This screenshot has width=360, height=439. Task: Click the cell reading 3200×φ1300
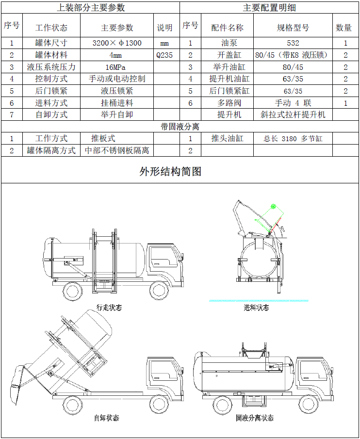click(x=117, y=43)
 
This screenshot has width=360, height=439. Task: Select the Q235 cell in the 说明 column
click(x=164, y=55)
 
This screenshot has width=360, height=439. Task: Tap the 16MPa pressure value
click(x=117, y=67)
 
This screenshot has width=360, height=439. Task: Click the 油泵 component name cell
click(x=227, y=43)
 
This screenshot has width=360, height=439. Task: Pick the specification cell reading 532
click(x=293, y=43)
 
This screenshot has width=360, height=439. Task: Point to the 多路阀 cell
click(x=227, y=103)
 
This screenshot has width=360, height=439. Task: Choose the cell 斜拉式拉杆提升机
click(x=293, y=114)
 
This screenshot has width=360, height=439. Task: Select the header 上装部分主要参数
click(x=91, y=8)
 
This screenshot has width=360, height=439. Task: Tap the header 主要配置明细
click(x=269, y=8)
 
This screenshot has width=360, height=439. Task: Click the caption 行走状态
click(x=109, y=308)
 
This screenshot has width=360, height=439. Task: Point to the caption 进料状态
click(x=256, y=308)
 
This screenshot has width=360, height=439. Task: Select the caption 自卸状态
click(x=106, y=418)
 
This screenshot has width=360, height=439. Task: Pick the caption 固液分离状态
click(x=254, y=418)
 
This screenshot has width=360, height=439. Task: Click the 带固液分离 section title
click(x=180, y=127)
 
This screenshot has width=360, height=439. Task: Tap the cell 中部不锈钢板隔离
click(x=117, y=150)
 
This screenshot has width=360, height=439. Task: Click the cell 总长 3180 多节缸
click(x=293, y=139)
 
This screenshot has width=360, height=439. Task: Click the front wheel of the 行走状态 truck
click(x=159, y=291)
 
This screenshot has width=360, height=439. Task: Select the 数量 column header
click(x=344, y=28)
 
